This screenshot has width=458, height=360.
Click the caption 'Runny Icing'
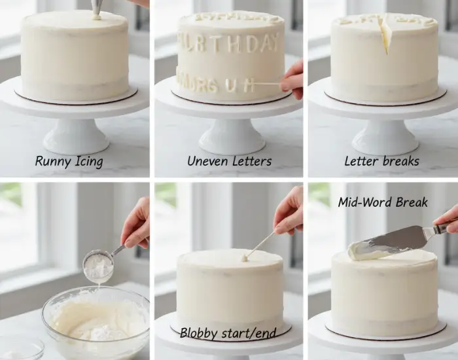69,161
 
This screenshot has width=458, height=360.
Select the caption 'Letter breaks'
382,161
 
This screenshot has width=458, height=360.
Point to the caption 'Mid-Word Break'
383,202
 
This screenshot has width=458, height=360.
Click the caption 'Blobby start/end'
227,333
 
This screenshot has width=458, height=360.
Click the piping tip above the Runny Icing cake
97,9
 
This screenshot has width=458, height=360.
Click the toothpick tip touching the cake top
245,259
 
